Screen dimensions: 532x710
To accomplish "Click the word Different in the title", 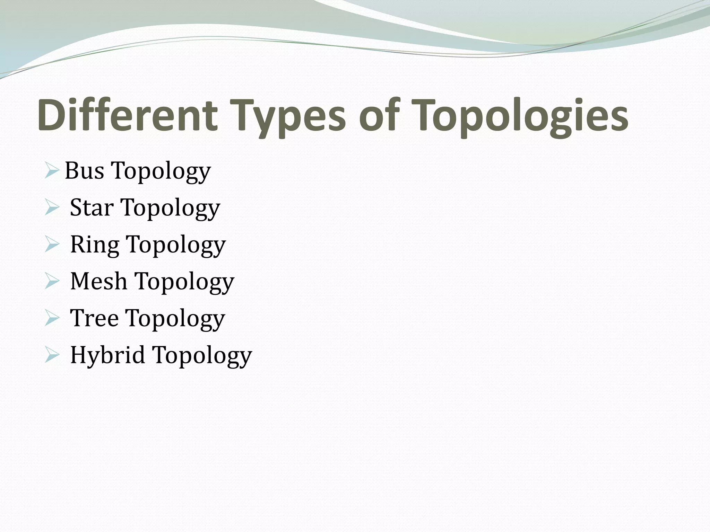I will pos(128,115).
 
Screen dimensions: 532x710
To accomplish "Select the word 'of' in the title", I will pos(379,115).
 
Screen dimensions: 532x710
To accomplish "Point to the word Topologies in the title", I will pos(520,116).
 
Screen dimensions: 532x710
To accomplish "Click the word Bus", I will pos(84,171).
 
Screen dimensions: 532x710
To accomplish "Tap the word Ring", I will pos(94,245).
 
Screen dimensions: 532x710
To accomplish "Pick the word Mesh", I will pos(98,281).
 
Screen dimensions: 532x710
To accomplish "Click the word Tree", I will pos(94,318).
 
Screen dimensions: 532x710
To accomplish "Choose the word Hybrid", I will pos(107,355).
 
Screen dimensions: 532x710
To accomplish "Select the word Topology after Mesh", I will pos(184,283).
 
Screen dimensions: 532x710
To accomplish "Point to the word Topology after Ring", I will pos(176,246).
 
